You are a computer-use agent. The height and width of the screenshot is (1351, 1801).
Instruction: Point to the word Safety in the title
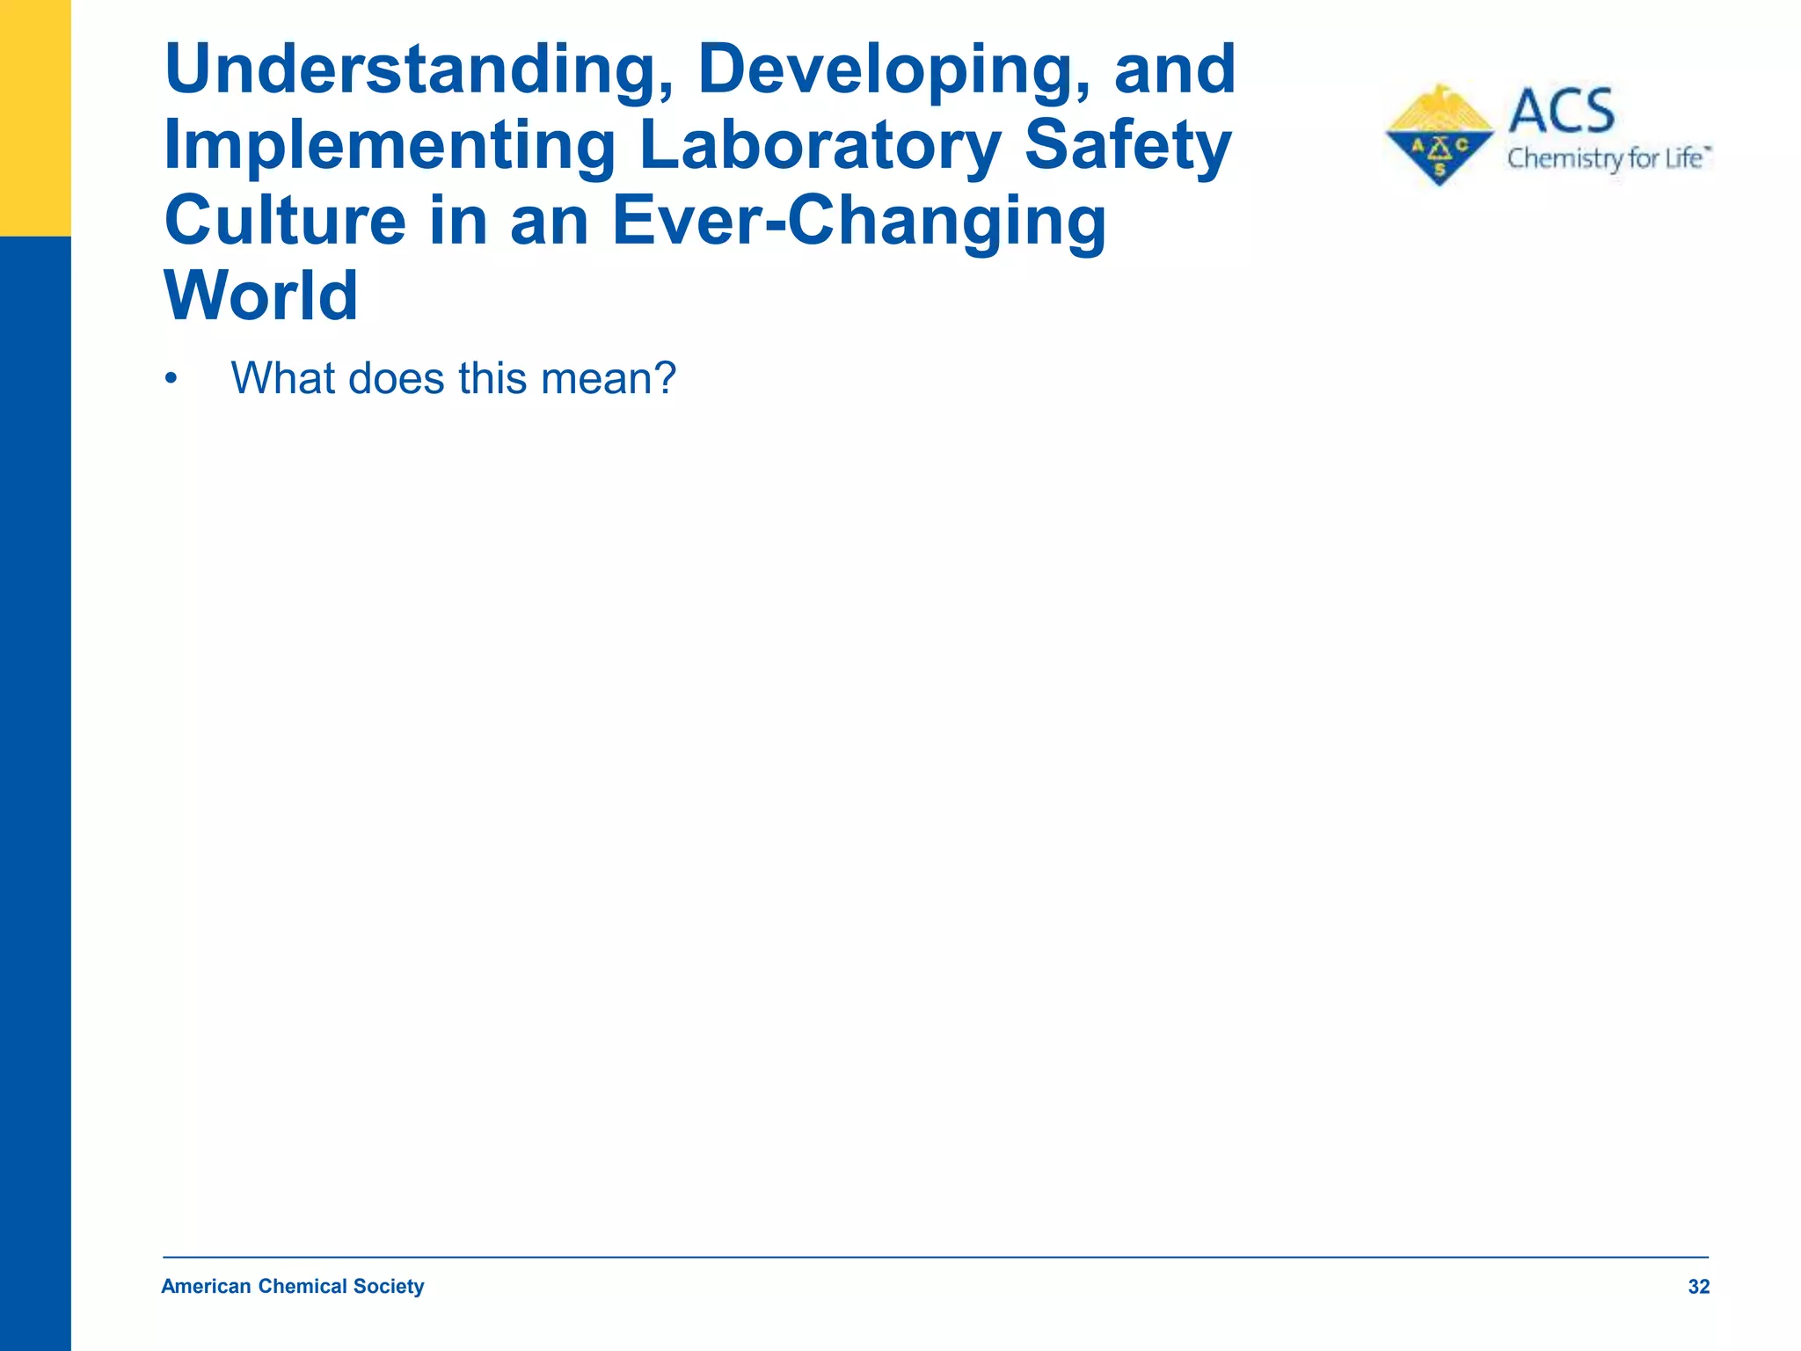tap(1128, 146)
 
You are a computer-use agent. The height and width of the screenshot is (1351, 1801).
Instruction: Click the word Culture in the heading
tap(284, 221)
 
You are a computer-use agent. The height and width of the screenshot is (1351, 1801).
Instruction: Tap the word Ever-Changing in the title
tap(858, 221)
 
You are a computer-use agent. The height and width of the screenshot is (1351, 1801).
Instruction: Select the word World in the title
tap(261, 296)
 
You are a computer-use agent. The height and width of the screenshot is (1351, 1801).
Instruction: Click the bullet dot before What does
tap(171, 380)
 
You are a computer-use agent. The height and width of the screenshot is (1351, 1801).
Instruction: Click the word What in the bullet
tap(282, 379)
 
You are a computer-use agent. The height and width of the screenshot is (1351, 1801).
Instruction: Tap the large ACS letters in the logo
tap(1562, 111)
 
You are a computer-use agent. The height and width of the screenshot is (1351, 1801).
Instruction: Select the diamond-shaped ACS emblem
tap(1439, 136)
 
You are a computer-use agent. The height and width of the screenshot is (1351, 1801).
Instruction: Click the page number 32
tap(1698, 1287)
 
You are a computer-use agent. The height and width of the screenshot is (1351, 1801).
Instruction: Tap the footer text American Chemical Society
tap(292, 1287)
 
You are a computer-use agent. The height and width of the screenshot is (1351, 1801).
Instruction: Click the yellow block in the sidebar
tap(35, 118)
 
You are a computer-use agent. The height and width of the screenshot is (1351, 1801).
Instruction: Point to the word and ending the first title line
tap(1175, 70)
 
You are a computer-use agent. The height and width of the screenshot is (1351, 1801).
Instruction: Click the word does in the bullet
tap(396, 379)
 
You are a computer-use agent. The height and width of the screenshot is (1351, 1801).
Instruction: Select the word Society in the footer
tap(389, 1287)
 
